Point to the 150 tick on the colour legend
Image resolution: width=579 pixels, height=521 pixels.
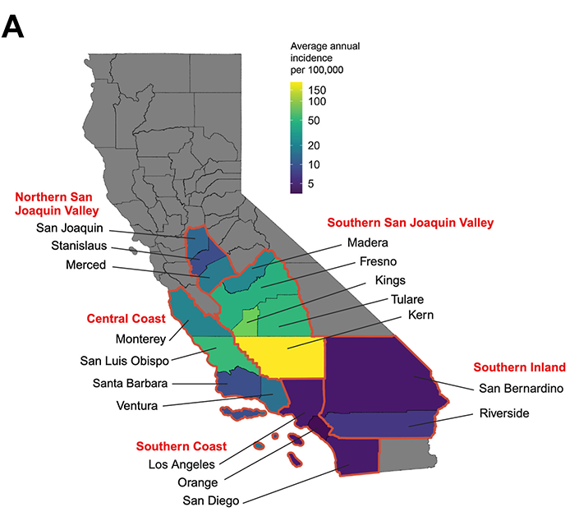tap(317, 88)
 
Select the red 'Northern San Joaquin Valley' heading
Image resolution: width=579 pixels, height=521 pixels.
tap(64, 203)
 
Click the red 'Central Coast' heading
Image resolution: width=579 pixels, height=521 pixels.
tap(126, 318)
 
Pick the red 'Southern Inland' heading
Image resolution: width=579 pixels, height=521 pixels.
tap(518, 367)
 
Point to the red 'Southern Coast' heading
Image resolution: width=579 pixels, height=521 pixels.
tap(181, 447)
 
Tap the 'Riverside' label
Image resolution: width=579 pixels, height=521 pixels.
tap(504, 413)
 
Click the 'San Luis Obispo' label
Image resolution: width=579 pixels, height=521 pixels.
tap(125, 361)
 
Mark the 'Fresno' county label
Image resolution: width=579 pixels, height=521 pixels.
tap(380, 262)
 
